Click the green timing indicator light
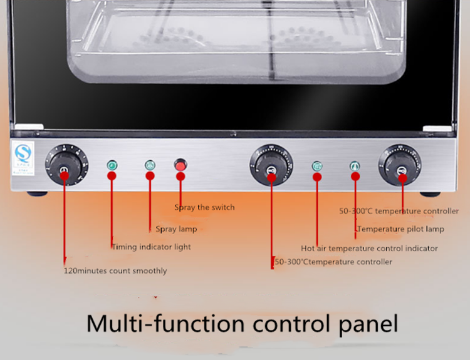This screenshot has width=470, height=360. click(112, 166)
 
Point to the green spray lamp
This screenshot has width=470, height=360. click(150, 166)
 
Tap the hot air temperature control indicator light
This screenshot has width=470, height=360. click(318, 167)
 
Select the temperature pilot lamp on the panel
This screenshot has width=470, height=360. click(355, 167)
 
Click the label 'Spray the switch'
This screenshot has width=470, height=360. click(204, 207)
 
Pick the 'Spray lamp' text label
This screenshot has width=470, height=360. click(176, 229)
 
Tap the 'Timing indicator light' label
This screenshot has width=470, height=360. click(151, 247)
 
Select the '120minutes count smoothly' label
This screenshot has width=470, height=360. click(115, 271)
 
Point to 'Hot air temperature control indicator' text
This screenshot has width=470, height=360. click(369, 249)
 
